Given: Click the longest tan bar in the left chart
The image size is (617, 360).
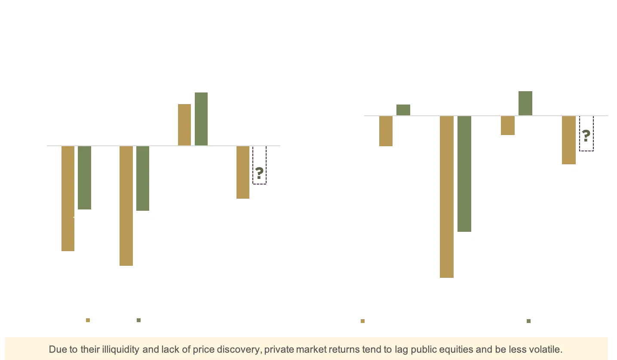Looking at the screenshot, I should click(126, 206).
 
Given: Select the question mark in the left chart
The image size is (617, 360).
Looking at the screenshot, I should click(259, 174).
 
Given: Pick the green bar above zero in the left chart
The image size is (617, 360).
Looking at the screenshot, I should click(201, 118).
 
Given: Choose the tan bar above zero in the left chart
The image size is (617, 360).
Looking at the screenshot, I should click(184, 124).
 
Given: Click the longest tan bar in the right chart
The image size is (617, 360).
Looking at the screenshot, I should click(445, 197).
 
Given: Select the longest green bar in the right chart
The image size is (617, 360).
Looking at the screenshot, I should click(464, 175).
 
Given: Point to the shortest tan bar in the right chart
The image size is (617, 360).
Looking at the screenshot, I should click(507, 126).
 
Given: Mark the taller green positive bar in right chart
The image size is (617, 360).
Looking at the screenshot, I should click(525, 102).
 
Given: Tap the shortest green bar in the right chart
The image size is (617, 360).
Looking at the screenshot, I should click(404, 109).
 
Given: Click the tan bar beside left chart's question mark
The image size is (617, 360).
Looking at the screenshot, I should click(243, 172).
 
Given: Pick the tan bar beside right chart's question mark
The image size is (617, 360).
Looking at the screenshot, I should click(569, 140).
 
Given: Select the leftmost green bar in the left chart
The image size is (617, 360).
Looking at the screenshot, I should click(84, 178).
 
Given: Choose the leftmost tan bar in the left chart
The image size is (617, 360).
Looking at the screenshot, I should click(67, 198).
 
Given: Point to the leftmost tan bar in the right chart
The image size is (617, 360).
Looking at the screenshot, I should click(386, 131).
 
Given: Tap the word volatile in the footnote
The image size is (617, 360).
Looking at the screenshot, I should click(546, 349).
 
